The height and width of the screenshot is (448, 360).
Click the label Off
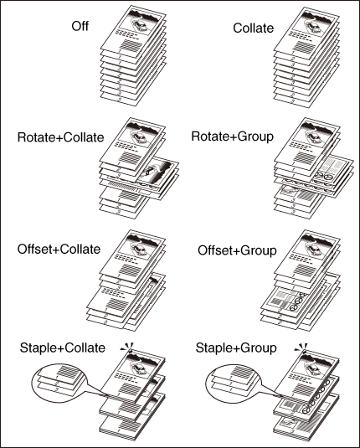(80, 26)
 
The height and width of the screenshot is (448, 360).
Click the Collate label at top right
(253, 28)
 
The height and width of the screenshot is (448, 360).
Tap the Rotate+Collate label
(60, 137)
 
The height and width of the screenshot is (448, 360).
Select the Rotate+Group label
(232, 136)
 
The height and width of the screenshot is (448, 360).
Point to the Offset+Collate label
(59, 250)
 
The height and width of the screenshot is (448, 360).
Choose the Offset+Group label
(237, 250)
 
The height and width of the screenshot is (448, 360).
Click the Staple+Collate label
(63, 348)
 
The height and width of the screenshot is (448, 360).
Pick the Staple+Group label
(236, 348)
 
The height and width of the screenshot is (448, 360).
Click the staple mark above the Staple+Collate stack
(129, 348)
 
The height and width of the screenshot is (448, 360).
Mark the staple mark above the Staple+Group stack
(302, 348)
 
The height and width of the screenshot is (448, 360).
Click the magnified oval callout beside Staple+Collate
(59, 380)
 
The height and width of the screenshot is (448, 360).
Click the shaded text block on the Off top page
(131, 46)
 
